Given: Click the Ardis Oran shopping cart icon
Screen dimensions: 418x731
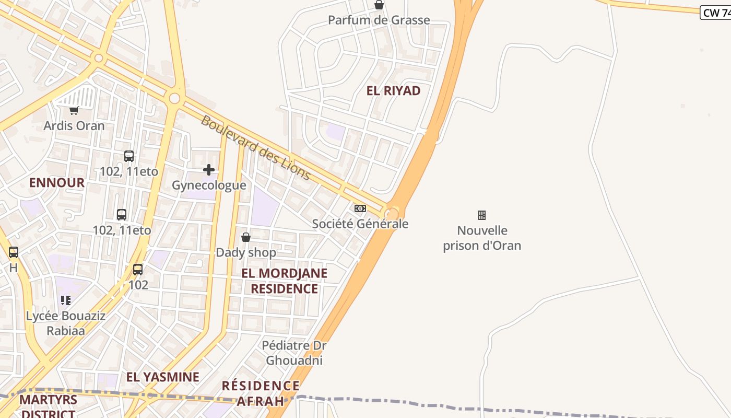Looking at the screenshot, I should tap(74, 110).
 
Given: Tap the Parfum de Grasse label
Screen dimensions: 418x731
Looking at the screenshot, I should tap(379, 20).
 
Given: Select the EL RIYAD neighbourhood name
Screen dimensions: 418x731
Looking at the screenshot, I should tap(394, 91).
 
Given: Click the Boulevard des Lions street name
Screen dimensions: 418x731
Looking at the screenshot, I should tap(256, 148).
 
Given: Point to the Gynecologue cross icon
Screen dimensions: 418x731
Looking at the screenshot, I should tap(209, 170).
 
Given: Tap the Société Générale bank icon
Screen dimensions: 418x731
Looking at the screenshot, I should tap(360, 208).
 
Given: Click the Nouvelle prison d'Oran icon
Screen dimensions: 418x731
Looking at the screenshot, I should tap(482, 215).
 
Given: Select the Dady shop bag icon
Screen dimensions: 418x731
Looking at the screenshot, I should tap(246, 237).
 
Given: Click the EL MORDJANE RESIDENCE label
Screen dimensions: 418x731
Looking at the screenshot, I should tap(284, 281).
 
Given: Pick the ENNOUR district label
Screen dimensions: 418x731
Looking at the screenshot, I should tap(56, 183).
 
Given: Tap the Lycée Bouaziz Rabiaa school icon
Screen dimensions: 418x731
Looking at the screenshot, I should tap(66, 300).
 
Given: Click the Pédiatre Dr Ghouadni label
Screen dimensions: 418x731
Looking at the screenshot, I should tap(294, 353).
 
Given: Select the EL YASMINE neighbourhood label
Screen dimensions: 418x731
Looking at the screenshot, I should tap(163, 377).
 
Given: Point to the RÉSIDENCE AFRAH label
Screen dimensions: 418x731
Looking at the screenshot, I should tap(261, 393).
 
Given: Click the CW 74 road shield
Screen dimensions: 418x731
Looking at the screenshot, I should tap(715, 13).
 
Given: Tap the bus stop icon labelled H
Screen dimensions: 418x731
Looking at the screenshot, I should tap(14, 252).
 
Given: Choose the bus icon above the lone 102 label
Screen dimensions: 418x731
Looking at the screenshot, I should tap(138, 270).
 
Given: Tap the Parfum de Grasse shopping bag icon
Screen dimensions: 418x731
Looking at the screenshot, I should tap(379, 5).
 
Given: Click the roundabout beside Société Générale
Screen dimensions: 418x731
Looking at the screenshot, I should tap(392, 213).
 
